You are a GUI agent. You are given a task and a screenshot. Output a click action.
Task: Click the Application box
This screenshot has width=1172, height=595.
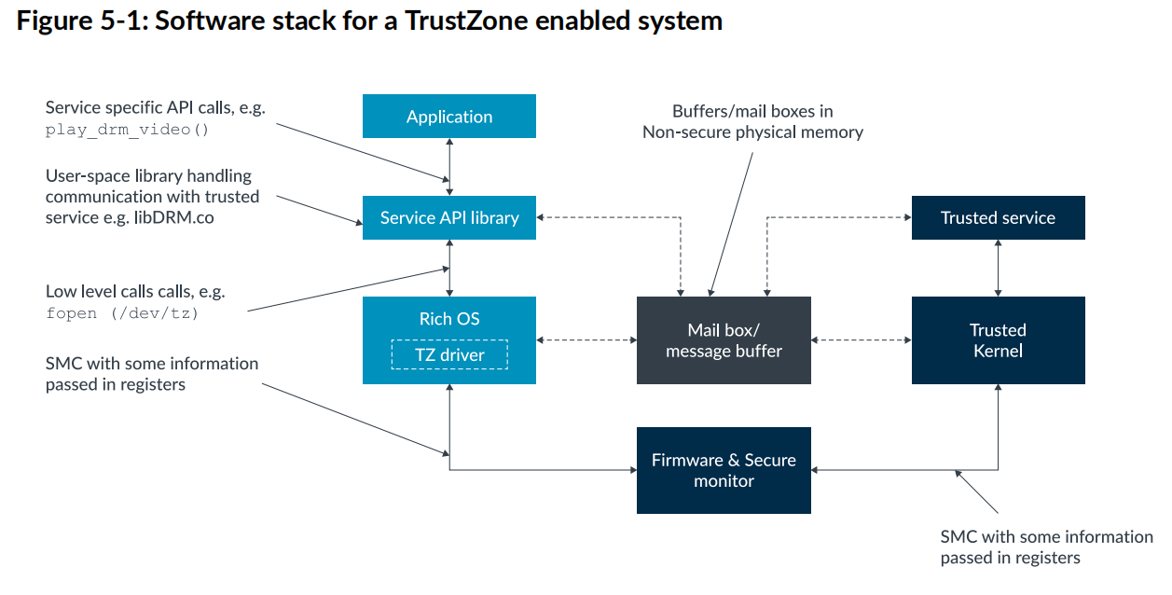pos(448,117)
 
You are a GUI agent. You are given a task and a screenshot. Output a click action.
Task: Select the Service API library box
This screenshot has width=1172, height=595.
pos(448,217)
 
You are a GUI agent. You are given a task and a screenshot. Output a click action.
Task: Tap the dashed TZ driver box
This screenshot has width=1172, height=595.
pos(448,354)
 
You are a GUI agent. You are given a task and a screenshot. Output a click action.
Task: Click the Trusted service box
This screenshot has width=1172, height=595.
pos(998,217)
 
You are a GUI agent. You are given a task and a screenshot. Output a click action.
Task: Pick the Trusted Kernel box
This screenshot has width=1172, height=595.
pos(998,340)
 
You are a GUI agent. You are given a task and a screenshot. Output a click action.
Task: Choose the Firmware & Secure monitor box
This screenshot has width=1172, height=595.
pos(724,470)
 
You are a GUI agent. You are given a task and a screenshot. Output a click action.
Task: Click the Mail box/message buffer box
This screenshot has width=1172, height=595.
pos(724,340)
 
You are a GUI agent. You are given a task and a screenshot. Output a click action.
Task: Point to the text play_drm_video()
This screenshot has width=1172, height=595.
pos(128,130)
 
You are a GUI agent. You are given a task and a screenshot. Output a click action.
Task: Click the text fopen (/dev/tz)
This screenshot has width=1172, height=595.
pos(122,313)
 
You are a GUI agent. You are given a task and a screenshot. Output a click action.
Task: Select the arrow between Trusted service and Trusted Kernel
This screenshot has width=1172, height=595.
pos(999,268)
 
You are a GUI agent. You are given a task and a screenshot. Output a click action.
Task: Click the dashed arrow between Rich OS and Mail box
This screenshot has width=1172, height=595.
pos(586,340)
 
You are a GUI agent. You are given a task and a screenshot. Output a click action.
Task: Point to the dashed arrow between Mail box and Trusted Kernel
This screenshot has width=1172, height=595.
pos(861,340)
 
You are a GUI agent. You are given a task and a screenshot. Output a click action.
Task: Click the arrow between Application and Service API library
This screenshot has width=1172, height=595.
pos(450,166)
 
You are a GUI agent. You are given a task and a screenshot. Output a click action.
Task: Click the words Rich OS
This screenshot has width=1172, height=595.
pos(448,319)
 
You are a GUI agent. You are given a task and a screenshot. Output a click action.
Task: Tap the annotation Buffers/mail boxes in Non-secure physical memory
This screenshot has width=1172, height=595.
pos(752,122)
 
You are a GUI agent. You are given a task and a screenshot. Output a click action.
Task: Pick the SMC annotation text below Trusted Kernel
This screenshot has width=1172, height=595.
pos(1046,547)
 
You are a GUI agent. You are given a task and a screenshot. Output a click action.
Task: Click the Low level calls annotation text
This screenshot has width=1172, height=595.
pos(134,292)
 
